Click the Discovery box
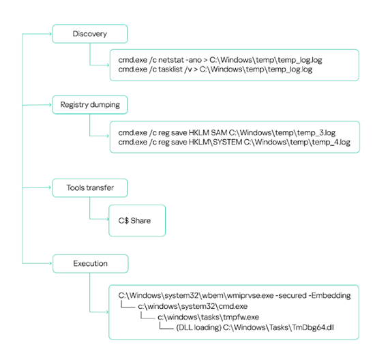point(90,34)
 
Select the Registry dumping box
point(90,105)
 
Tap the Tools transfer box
point(90,187)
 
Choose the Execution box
point(90,263)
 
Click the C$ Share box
point(137,220)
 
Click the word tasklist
point(170,70)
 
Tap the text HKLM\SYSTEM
point(215,142)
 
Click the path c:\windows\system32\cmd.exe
point(192,306)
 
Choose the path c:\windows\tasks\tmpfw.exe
point(209,317)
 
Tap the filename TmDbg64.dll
point(313,327)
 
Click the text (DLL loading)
point(198,327)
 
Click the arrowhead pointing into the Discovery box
point(50,34)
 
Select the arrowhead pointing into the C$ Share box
point(107,219)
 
